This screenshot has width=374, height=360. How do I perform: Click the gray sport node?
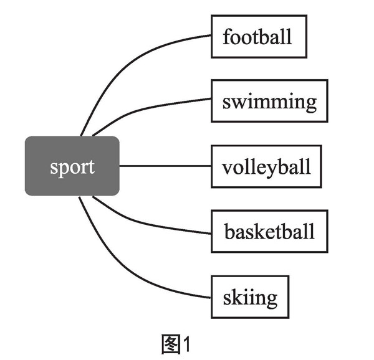[x=72, y=166]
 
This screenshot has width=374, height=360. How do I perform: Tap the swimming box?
[x=269, y=101]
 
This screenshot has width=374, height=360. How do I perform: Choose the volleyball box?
[x=266, y=166]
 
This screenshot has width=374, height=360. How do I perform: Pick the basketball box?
[x=269, y=232]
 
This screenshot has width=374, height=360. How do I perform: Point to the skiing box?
[x=250, y=296]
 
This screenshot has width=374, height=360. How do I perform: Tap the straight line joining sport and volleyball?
[x=165, y=166]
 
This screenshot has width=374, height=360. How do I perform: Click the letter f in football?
[x=227, y=36]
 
